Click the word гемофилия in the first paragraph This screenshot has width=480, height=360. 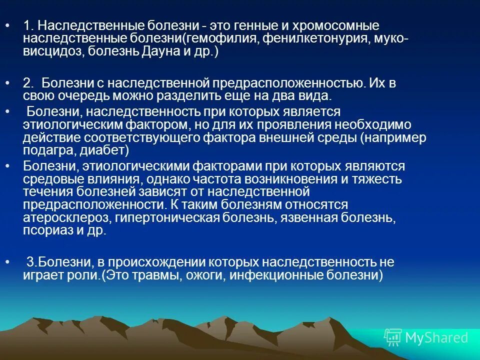(223, 38)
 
